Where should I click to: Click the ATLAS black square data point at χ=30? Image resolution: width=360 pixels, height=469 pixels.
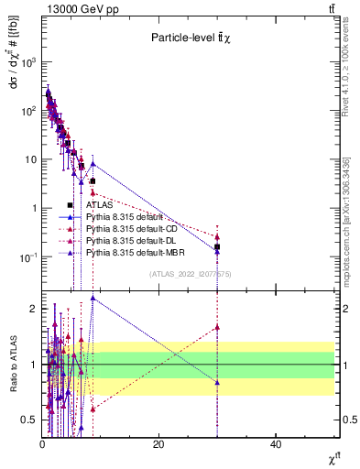point(217,246)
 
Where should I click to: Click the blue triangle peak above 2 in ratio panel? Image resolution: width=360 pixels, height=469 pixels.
point(93,298)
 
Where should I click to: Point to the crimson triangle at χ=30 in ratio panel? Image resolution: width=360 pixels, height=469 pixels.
point(217,327)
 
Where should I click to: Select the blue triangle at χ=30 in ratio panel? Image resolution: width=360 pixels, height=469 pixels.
point(217,382)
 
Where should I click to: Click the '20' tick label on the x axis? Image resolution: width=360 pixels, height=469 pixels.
point(158,444)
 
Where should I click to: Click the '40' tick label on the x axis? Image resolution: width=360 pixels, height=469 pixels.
point(276,444)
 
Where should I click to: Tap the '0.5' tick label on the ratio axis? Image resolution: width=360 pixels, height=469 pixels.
point(30,420)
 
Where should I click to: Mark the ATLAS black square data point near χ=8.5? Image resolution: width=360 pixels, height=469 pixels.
point(93,181)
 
